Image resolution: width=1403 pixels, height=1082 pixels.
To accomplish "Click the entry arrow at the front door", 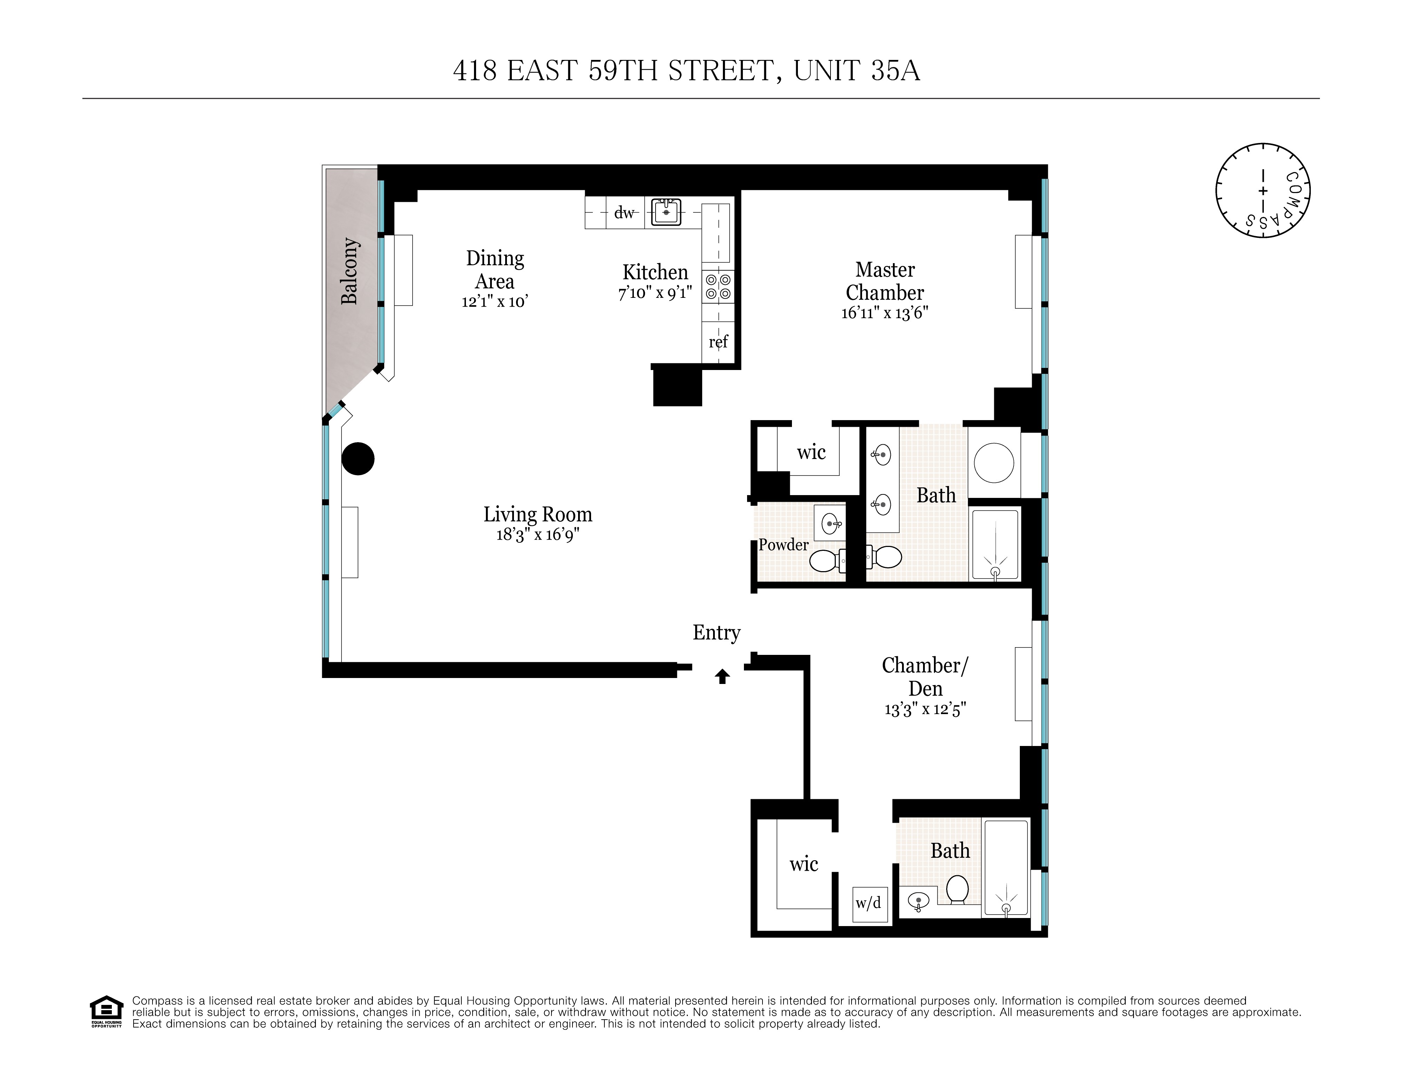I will [x=723, y=676].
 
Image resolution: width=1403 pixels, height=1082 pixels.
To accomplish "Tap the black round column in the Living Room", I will [x=358, y=459].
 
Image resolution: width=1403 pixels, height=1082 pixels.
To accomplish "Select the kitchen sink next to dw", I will [x=666, y=212].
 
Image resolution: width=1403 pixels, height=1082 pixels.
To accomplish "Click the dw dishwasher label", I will [x=624, y=213].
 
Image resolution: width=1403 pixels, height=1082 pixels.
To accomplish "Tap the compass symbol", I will [x=1263, y=191].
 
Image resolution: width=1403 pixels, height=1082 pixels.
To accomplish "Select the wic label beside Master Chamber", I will [x=811, y=453].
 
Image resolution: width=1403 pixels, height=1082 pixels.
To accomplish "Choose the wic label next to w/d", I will [x=804, y=864].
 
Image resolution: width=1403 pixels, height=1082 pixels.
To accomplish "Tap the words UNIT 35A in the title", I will [x=856, y=71].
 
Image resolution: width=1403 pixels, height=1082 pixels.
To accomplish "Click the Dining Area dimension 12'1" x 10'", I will [x=495, y=302].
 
